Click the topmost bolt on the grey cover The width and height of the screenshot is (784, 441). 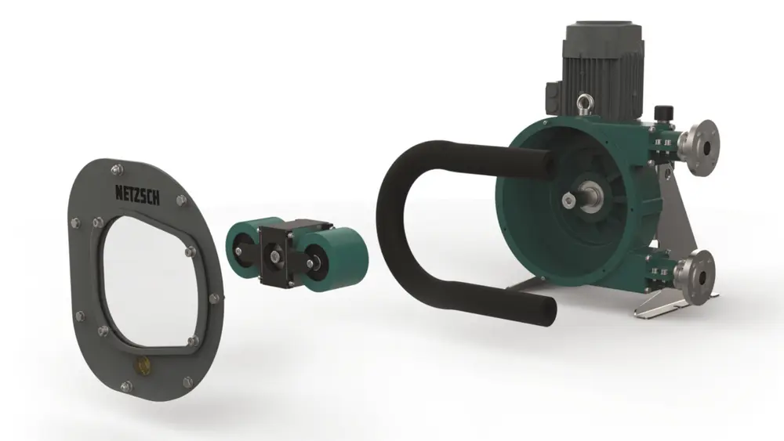tap(116, 166)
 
